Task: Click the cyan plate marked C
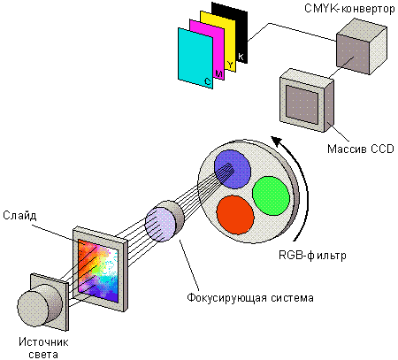[x=195, y=57]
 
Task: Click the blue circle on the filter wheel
[x=233, y=169]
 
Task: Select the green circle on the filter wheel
[x=271, y=195]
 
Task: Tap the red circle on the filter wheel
[x=235, y=215]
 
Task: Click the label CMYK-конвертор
[x=349, y=9]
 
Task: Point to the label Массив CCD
[x=361, y=149]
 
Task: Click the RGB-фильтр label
[x=312, y=255]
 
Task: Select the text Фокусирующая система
[x=250, y=297]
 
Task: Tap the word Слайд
[x=19, y=216]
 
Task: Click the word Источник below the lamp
[x=43, y=342]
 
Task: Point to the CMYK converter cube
[x=362, y=46]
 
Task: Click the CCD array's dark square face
[x=302, y=104]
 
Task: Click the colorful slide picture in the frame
[x=98, y=271]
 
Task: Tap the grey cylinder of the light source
[x=39, y=305]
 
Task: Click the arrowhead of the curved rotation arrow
[x=277, y=141]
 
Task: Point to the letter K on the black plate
[x=241, y=57]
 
